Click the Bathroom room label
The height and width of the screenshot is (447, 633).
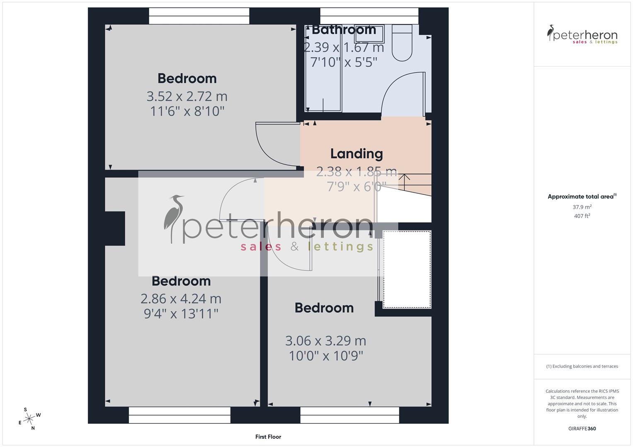344,30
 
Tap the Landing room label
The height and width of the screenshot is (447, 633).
356,154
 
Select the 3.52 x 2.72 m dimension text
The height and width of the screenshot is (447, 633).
187,96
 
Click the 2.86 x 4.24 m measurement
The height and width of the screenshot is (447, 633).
181,298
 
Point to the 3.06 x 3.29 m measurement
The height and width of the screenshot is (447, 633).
325,341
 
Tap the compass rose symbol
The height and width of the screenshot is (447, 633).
29,419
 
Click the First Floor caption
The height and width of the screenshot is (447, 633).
268,437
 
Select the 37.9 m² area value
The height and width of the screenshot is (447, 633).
582,207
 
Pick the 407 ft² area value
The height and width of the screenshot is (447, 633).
582,216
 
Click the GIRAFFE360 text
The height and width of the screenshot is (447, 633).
582,428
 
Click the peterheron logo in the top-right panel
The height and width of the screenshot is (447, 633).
582,34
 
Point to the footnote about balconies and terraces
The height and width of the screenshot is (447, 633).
582,366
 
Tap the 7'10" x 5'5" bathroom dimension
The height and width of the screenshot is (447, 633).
344,62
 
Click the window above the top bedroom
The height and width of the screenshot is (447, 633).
199,16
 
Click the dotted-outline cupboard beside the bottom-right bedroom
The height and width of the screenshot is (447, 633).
407,269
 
